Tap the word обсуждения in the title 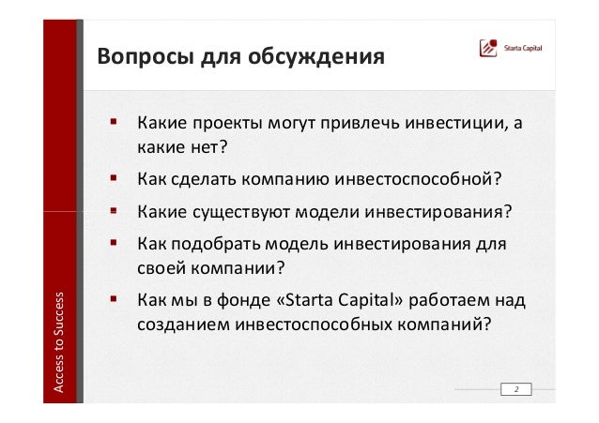coord(315,56)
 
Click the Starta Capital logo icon coord(488,48)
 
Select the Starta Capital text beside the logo coord(523,48)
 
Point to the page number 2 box coord(516,389)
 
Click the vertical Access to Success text coord(58,342)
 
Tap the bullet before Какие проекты coord(114,122)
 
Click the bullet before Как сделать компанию coord(114,177)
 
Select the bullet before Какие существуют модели coord(114,210)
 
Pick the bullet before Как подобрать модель coord(114,242)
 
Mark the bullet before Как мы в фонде coord(114,298)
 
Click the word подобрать coord(216,245)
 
